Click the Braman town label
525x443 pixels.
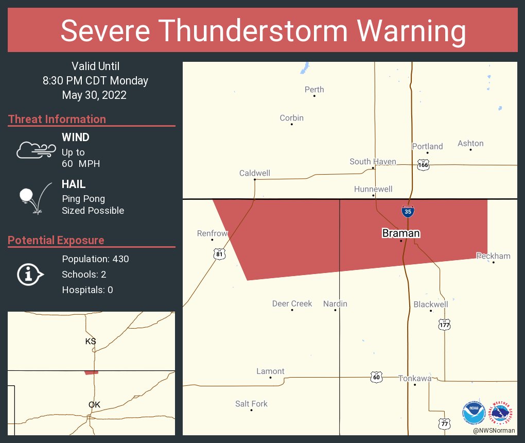point(401,233)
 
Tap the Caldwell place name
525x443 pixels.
point(255,173)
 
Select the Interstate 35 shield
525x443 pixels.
point(407,211)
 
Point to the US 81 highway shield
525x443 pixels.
point(220,254)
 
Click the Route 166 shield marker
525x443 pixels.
point(423,165)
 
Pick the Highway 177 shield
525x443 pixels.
point(445,325)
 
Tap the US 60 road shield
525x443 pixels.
point(376,377)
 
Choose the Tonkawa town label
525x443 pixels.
point(415,379)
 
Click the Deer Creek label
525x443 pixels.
point(292,304)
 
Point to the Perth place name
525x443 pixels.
point(314,90)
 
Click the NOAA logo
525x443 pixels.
point(474,413)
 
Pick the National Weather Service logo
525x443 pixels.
point(502,413)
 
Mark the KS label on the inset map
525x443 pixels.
point(91,341)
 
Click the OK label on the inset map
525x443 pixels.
point(94,404)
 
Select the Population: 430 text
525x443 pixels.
point(95,259)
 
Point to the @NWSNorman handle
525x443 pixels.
point(494,431)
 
